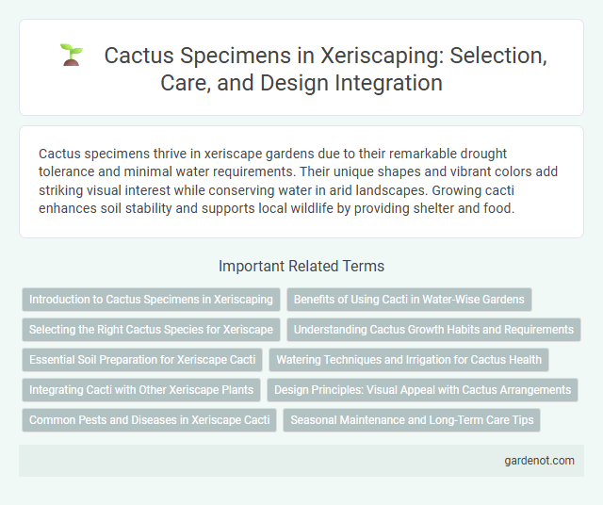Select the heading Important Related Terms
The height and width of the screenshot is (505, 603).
(x=301, y=266)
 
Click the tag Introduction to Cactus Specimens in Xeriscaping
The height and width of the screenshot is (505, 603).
(x=151, y=300)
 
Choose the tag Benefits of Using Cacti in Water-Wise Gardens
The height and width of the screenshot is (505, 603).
(x=409, y=300)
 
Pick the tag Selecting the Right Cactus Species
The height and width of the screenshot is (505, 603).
(x=151, y=330)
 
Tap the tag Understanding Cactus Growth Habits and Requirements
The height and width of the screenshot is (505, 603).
(x=434, y=330)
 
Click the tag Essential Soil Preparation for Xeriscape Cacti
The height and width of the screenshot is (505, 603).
(x=142, y=360)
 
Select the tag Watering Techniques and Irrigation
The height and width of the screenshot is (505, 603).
(x=409, y=360)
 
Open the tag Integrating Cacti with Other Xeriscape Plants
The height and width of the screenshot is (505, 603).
(x=141, y=390)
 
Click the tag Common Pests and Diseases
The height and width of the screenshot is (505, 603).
(x=150, y=420)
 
